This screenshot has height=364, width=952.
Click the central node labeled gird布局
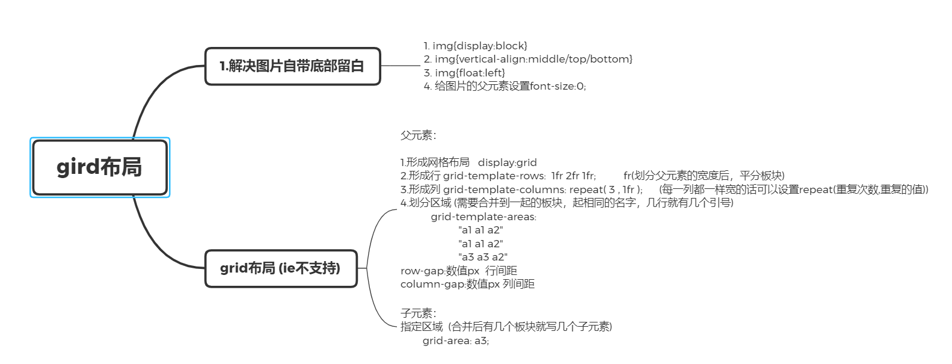[100, 167]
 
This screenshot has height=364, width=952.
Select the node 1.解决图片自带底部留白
[292, 66]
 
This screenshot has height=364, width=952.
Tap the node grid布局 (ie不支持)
[281, 268]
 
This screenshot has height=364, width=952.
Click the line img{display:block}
[475, 46]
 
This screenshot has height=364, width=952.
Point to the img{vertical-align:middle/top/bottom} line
[528, 59]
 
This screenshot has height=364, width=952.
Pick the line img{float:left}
[464, 73]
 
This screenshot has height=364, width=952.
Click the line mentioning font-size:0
[505, 86]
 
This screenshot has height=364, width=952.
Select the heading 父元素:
[418, 135]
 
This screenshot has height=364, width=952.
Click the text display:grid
[507, 162]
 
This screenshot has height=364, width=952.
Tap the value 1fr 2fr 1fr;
[573, 176]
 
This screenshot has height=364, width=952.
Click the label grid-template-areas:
[484, 217]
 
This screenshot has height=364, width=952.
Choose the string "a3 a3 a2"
[482, 257]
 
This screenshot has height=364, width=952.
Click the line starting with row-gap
[458, 271]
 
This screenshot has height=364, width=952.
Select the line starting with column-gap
[467, 284]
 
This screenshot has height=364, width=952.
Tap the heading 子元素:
[418, 313]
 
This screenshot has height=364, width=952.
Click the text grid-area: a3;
[456, 341]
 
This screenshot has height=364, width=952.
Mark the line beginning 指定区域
[506, 327]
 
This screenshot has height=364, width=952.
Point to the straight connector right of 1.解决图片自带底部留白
[400, 66]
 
